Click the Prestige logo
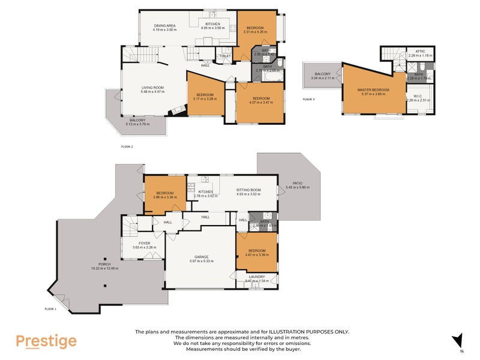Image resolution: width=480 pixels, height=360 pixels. tap(46, 341)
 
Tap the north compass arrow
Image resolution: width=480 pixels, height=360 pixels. tap(459, 340)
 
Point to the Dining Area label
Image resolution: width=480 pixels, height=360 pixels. tap(164, 26)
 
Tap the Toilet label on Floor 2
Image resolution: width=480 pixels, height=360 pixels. tap(225, 56)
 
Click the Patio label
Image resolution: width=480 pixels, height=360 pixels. tap(298, 184)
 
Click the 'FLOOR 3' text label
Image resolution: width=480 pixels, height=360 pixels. tap(308, 99)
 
